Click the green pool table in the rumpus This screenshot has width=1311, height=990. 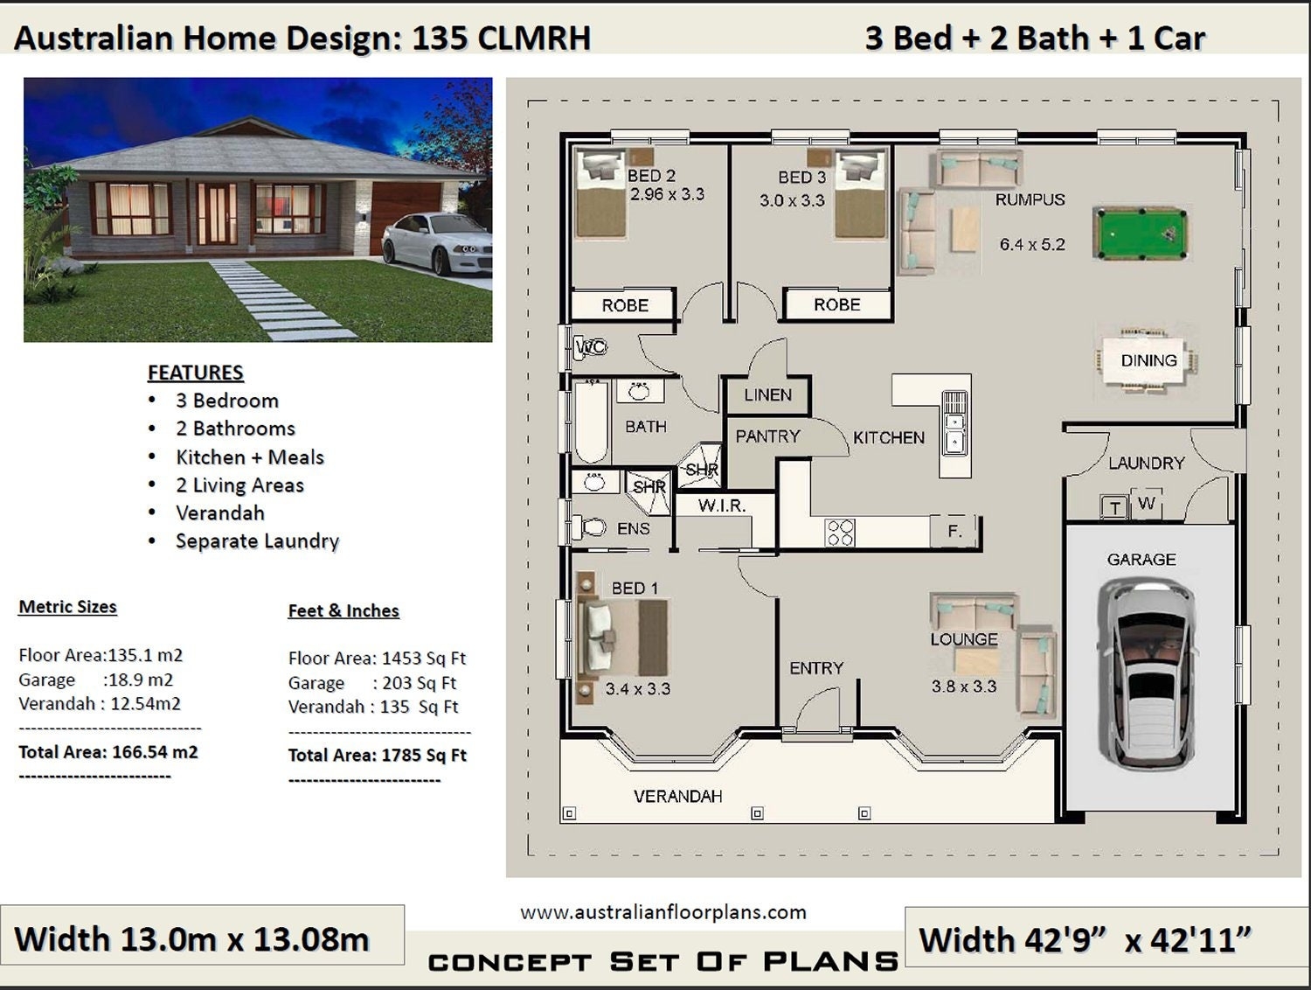1140,234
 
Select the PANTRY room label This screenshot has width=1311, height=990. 767,436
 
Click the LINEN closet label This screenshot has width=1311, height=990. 767,395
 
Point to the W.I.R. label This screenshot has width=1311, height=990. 721,505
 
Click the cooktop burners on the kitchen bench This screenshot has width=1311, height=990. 840,532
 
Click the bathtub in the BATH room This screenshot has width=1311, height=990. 591,422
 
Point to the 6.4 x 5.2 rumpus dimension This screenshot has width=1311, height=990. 1032,245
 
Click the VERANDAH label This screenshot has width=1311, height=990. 677,796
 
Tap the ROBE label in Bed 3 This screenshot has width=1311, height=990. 836,305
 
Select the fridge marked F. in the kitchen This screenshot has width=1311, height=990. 954,531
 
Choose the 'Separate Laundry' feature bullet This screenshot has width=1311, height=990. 257,541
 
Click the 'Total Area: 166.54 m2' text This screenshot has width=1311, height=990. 108,752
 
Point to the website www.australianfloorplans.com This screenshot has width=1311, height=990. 662,913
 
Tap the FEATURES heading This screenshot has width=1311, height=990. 195,373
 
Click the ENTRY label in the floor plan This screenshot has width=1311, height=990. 816,668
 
